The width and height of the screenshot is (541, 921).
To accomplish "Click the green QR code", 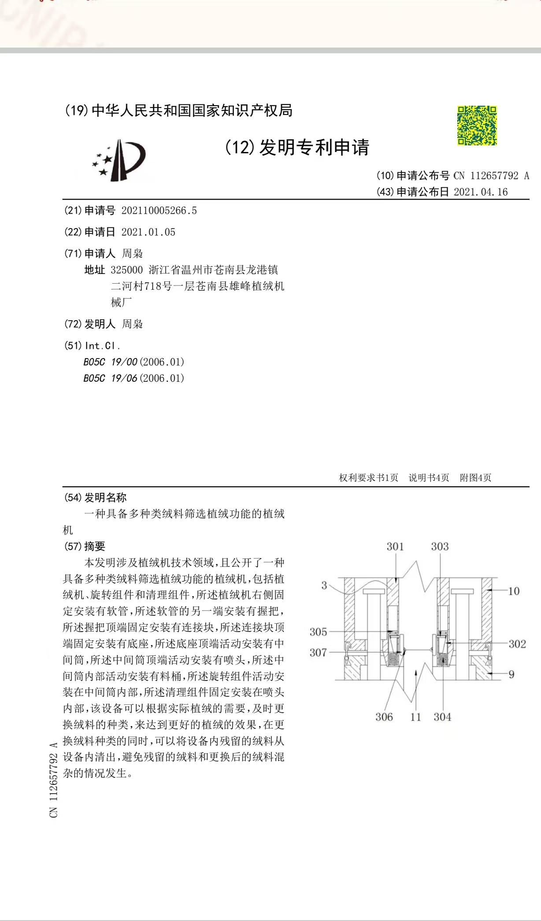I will [x=477, y=126].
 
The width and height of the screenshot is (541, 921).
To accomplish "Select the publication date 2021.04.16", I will [x=481, y=192].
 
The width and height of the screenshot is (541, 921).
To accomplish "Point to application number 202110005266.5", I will [x=159, y=211].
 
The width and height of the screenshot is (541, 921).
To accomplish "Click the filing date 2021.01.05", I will [x=148, y=232].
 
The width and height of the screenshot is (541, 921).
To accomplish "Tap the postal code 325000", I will [x=127, y=270].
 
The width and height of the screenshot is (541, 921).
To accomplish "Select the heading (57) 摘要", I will [x=85, y=547].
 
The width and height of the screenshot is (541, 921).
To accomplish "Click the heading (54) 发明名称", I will [x=96, y=498].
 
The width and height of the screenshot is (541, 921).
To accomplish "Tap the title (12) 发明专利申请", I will [x=297, y=148].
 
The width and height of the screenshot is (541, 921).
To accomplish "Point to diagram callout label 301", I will [x=395, y=547].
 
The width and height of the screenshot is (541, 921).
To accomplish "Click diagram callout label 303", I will [x=440, y=547].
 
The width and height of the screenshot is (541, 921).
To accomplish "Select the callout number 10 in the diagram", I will [x=514, y=591].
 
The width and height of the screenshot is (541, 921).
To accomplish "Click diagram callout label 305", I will [x=318, y=632].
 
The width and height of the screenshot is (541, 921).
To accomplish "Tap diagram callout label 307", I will [x=318, y=652].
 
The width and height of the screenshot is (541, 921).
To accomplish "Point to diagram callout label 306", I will [x=384, y=717].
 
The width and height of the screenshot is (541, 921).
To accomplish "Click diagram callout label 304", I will [x=442, y=717].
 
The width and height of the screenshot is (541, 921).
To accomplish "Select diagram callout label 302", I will [x=517, y=644].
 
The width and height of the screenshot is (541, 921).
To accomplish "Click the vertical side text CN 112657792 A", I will [x=54, y=780].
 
